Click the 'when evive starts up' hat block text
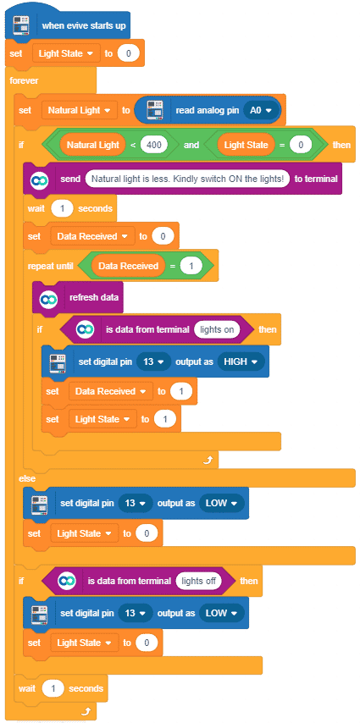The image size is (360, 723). (x=84, y=25)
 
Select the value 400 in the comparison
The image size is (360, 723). (x=154, y=145)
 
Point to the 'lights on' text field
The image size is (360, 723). (x=217, y=329)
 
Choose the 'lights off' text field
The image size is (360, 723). (x=198, y=581)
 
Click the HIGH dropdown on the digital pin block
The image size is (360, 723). (x=241, y=361)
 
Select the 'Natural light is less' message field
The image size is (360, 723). (x=187, y=179)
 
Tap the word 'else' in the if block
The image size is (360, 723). (x=27, y=478)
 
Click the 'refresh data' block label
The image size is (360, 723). (x=91, y=297)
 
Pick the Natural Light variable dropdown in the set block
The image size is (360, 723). (x=80, y=110)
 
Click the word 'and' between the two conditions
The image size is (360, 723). (x=191, y=145)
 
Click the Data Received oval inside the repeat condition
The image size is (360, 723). (x=128, y=266)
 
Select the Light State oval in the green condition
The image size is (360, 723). (x=246, y=145)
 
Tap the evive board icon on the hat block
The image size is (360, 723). (x=21, y=25)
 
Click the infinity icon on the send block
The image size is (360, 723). (x=38, y=179)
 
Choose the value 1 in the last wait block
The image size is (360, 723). (x=53, y=688)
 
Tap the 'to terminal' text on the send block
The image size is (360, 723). (x=316, y=179)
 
